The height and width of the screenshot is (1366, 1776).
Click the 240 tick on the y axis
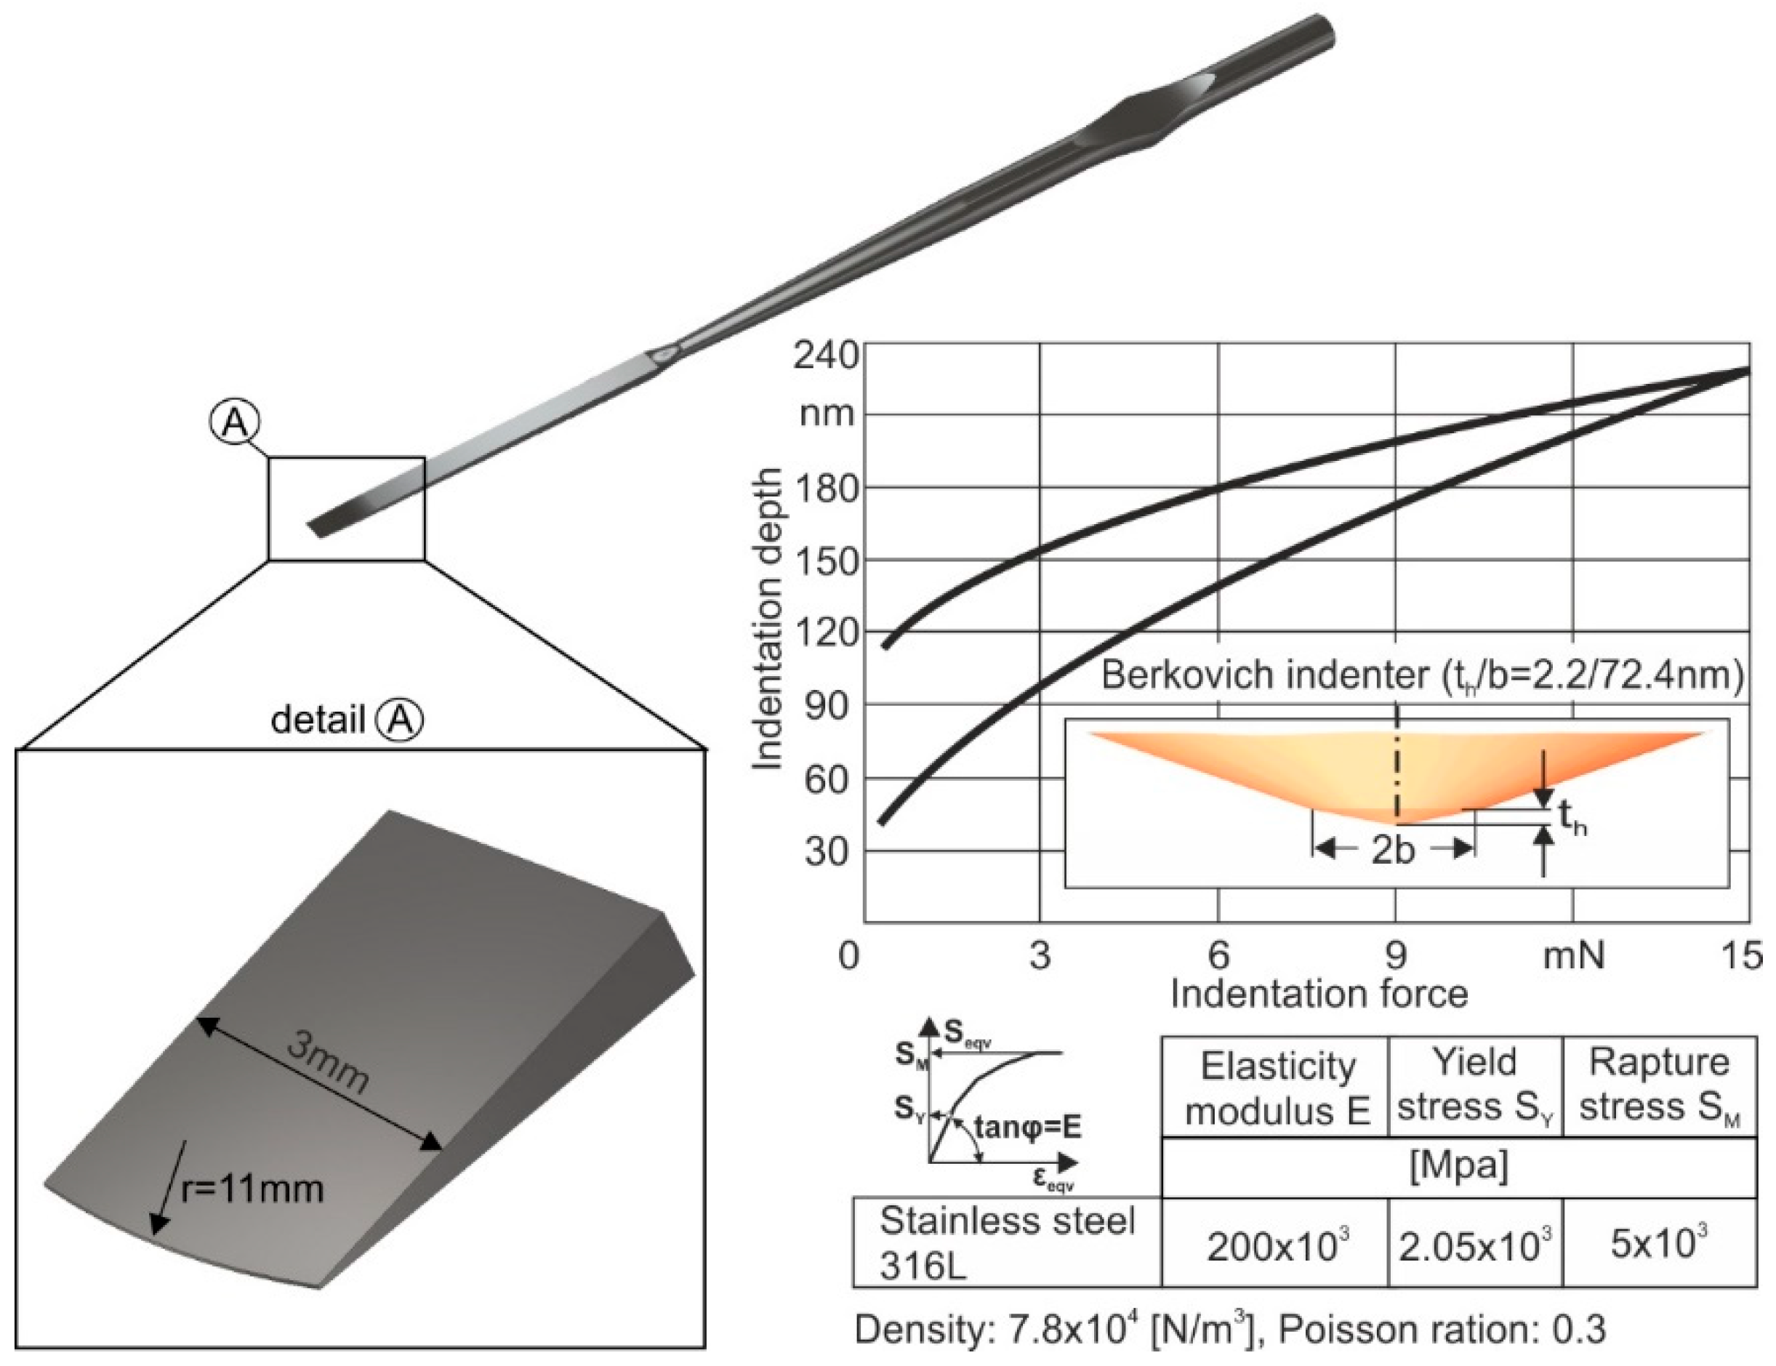pyautogui.click(x=825, y=356)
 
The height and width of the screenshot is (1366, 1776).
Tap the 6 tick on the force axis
pyautogui.click(x=1218, y=955)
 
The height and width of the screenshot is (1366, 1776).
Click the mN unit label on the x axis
pyautogui.click(x=1573, y=955)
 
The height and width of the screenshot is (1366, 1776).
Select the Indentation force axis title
pyautogui.click(x=1318, y=995)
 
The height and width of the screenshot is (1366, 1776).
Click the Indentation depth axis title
pyautogui.click(x=767, y=619)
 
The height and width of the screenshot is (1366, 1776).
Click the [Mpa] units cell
pyautogui.click(x=1458, y=1166)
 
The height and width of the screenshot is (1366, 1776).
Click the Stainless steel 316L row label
pyautogui.click(x=1006, y=1242)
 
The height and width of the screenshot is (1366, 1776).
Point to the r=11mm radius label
pyautogui.click(x=252, y=1189)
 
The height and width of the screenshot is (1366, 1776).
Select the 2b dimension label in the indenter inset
pyautogui.click(x=1393, y=851)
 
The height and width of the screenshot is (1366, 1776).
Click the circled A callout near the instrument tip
pyautogui.click(x=235, y=424)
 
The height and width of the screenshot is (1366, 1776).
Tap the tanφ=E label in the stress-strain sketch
pyautogui.click(x=1027, y=1128)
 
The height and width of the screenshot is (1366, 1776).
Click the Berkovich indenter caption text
pyautogui.click(x=1421, y=675)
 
